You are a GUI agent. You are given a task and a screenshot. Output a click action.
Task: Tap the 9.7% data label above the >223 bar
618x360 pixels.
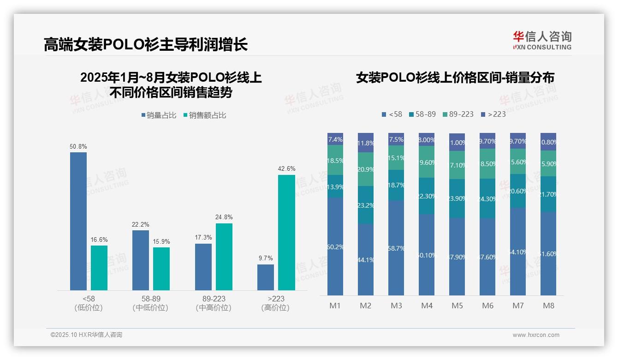pos(266,258)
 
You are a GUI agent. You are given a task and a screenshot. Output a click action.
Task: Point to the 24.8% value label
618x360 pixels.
pos(224,217)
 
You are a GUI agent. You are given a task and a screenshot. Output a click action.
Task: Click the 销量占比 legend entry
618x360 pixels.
pos(159,115)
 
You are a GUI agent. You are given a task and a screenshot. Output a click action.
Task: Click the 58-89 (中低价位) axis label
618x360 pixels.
pos(150,303)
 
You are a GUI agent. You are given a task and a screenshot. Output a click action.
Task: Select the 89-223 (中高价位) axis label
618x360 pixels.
pos(214,303)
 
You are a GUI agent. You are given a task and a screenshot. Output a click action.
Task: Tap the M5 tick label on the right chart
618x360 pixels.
pos(457,306)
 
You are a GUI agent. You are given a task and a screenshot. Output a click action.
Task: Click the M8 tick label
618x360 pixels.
pos(548,306)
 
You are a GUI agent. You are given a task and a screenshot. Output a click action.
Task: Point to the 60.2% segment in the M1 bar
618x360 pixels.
pos(335,246)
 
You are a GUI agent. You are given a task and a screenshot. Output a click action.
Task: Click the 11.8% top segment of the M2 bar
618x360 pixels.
pos(366,143)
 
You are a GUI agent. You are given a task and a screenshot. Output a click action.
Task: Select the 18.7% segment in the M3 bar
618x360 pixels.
pos(396,185)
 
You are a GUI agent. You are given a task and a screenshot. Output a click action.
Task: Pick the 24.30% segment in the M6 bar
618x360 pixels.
pos(487,198)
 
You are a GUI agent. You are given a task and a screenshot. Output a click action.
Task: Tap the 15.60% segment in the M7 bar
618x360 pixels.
pos(518,162)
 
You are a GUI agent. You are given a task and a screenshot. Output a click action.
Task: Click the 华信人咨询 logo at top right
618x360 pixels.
pos(542,40)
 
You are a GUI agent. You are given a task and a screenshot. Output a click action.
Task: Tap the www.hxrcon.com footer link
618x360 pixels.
pos(535,335)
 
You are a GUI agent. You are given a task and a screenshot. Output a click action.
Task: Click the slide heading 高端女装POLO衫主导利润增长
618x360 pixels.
pos(146,44)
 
